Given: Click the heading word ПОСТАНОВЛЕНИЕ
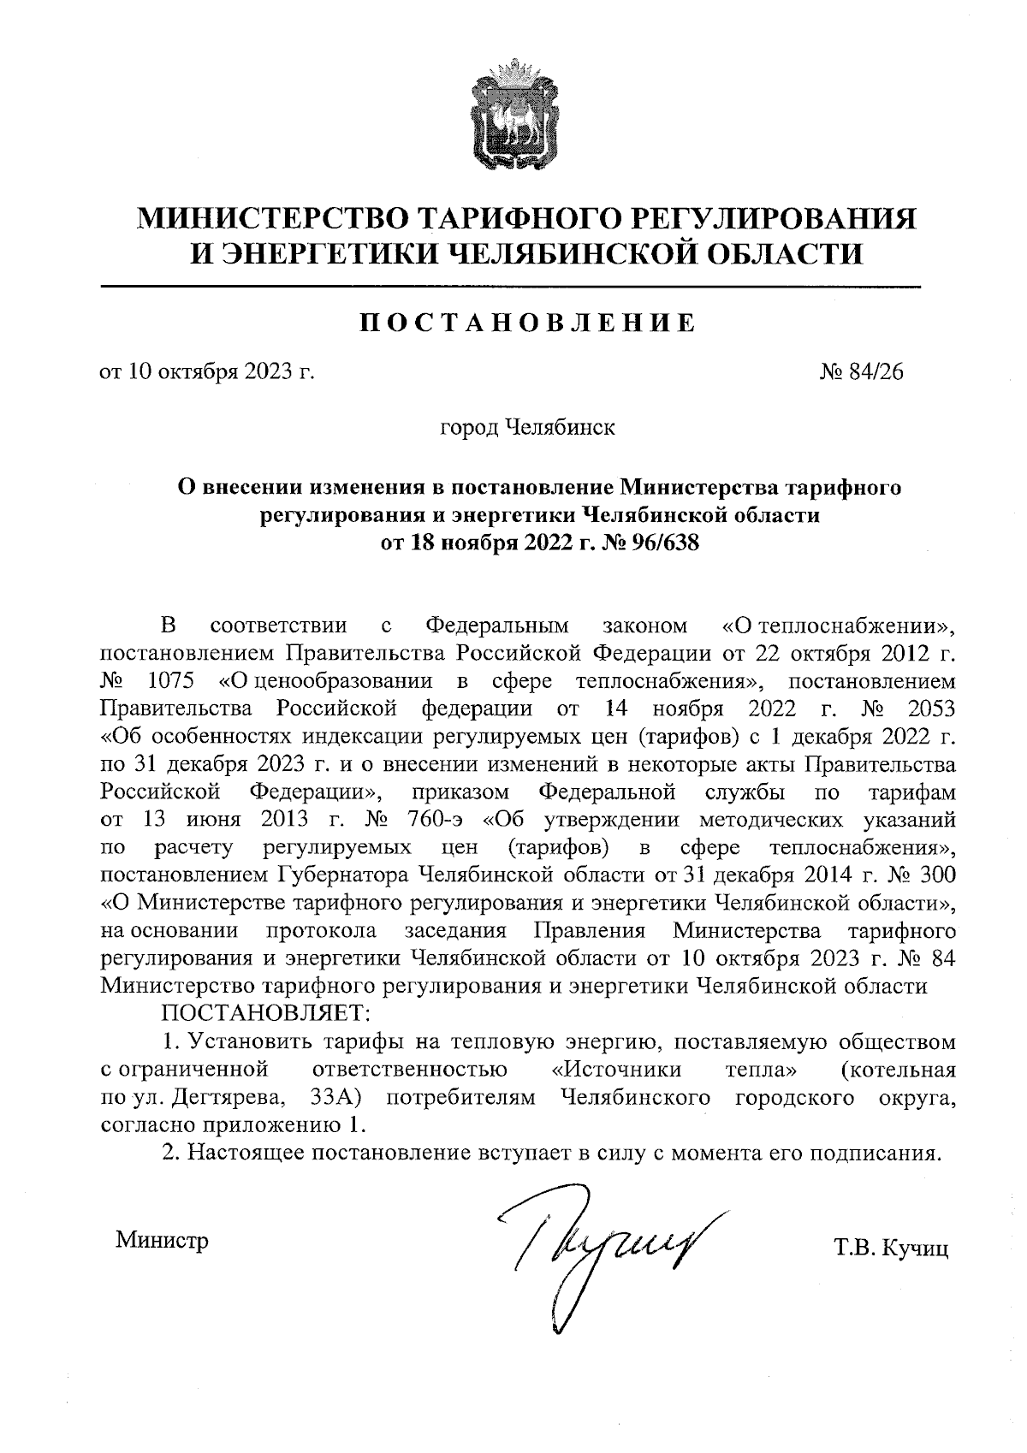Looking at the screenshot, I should tap(526, 323).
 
